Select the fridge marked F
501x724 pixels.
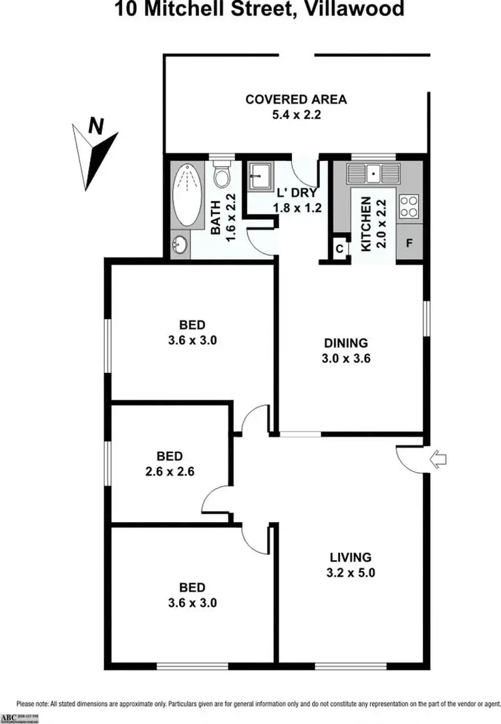409,243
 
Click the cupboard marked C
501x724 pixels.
339,249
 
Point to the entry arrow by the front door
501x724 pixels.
439,459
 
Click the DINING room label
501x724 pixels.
346,344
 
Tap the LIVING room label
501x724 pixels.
350,557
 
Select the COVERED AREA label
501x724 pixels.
296,100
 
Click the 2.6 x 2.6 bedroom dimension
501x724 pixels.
170,471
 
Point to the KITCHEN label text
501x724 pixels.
366,225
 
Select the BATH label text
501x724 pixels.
216,224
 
